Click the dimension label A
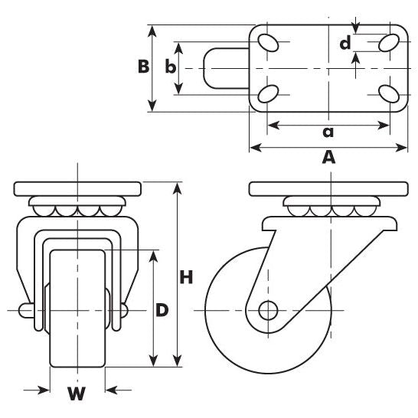(x=328, y=158)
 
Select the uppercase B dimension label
(x=143, y=67)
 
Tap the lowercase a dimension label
(x=328, y=132)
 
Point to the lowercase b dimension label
(x=170, y=67)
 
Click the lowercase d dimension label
(x=346, y=44)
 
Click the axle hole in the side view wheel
(x=268, y=310)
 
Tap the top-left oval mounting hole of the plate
(x=268, y=42)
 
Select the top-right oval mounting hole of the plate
(x=389, y=41)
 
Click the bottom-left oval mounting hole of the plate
(x=268, y=94)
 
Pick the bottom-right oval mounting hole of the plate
(x=389, y=94)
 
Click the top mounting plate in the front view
(x=77, y=188)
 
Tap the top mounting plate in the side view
(x=330, y=188)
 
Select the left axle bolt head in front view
(x=25, y=310)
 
